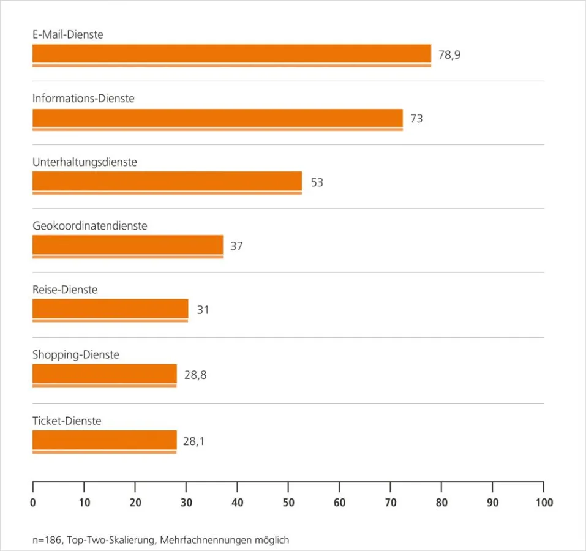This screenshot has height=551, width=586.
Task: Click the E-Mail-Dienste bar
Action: point(231,54)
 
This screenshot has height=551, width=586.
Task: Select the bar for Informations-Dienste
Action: point(217,119)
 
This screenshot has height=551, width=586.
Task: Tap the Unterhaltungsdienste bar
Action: point(167,182)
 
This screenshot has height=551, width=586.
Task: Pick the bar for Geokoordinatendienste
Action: point(127,246)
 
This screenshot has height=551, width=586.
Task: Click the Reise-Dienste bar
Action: point(110,310)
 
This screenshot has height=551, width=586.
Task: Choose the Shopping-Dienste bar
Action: point(104,375)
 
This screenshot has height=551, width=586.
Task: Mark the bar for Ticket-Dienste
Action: point(104,441)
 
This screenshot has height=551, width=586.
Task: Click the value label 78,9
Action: point(449,55)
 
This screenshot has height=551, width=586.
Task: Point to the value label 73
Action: point(416,119)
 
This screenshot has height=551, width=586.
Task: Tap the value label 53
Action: point(317,182)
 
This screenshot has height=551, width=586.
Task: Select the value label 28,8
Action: point(195,375)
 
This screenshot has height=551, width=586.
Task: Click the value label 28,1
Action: point(193,441)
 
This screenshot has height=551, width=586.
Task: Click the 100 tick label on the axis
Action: point(543,503)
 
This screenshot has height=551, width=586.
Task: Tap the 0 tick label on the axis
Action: point(33,503)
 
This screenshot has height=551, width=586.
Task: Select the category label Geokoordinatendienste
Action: point(89,226)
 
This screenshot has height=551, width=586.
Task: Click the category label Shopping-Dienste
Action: point(75,355)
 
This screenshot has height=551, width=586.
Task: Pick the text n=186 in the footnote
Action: point(47,540)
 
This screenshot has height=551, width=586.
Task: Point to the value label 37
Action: point(236,247)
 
